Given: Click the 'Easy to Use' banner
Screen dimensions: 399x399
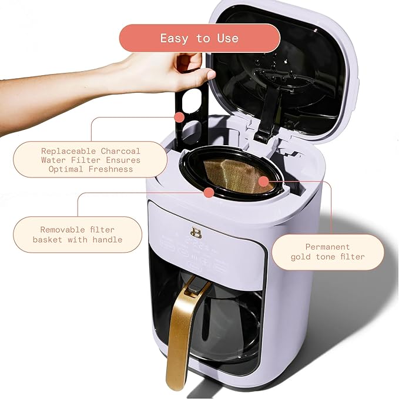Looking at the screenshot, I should coord(200,38).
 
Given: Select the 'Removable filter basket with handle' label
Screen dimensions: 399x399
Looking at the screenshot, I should coord(78,234).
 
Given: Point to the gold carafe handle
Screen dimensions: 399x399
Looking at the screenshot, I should coord(180,329).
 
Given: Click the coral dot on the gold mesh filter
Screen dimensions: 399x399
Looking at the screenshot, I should coord(263,181).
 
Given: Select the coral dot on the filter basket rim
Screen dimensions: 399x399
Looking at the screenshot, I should coord(208,192).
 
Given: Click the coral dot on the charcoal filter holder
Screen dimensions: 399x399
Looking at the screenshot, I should coord(179,118).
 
